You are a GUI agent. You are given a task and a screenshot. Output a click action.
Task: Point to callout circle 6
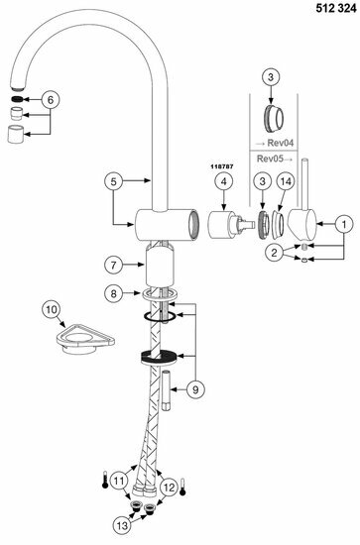[52, 99]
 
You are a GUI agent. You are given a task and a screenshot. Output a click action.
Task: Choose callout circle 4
[224, 182]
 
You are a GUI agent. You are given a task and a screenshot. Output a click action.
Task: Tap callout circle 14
[285, 182]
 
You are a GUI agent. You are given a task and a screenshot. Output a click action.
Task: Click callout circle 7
[114, 266]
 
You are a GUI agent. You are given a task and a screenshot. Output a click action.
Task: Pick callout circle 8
[114, 294]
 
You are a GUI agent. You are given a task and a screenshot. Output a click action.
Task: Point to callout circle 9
[195, 389]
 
